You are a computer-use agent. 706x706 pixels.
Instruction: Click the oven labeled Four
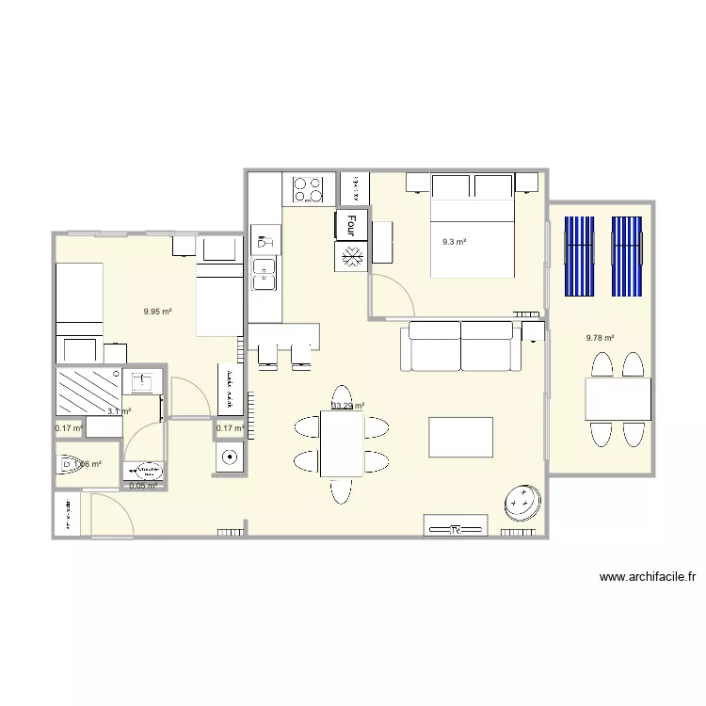click(x=351, y=225)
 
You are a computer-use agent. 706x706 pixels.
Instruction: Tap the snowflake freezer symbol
click(x=351, y=256)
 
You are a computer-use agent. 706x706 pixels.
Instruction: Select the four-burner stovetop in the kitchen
click(x=308, y=188)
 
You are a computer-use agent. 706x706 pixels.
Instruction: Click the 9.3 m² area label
click(x=455, y=242)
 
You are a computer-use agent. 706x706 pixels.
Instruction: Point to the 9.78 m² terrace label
click(x=600, y=338)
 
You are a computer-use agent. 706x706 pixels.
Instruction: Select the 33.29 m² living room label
click(x=347, y=407)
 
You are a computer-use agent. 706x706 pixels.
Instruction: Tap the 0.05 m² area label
click(x=143, y=486)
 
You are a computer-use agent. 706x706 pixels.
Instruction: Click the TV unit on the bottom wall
click(x=455, y=527)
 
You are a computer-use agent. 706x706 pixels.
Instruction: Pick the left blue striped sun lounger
click(x=578, y=256)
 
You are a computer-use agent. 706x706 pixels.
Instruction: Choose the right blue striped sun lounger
click(x=627, y=256)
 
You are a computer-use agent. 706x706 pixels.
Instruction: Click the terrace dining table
click(x=618, y=399)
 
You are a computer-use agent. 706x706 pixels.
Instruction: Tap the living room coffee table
click(x=460, y=437)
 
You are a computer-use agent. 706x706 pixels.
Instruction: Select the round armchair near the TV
click(x=521, y=503)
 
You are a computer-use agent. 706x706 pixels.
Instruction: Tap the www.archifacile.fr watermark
click(x=651, y=578)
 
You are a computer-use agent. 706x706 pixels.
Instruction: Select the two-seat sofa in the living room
click(x=460, y=345)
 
